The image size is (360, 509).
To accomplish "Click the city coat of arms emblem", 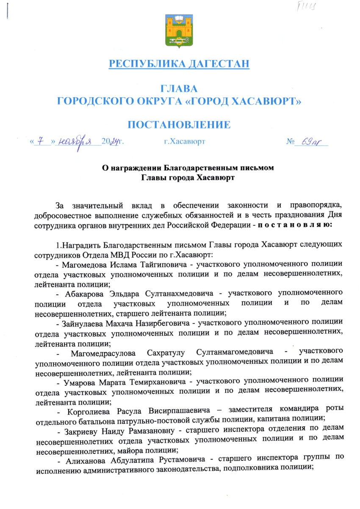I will click(x=180, y=31).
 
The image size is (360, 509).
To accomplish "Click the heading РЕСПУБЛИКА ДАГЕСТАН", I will click(x=180, y=64).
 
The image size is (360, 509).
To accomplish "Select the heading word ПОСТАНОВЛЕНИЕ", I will click(x=180, y=124).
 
